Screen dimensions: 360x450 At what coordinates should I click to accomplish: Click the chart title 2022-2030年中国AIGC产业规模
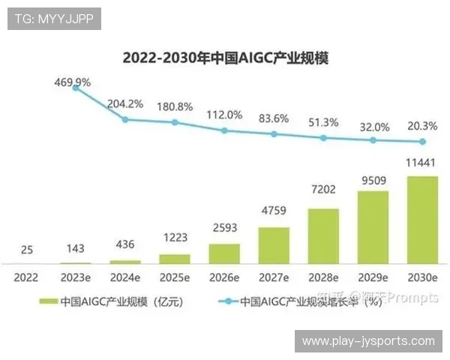226,58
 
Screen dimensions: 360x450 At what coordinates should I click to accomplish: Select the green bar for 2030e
421,219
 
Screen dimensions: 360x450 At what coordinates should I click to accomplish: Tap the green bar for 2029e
372,226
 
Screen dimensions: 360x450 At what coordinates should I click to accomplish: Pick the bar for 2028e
323,235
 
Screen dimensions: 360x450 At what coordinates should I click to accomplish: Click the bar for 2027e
274,244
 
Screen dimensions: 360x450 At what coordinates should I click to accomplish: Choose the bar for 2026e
224,253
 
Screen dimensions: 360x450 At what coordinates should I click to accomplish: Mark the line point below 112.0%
224,130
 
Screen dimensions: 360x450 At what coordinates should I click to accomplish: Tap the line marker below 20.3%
422,142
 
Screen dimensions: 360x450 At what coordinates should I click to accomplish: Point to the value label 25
26,249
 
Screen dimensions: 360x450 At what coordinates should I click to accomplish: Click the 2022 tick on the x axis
27,277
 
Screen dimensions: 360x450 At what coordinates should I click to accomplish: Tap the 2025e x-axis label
175,277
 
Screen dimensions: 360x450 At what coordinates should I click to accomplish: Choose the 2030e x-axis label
421,277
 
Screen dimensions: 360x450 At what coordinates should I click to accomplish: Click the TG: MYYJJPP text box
54,19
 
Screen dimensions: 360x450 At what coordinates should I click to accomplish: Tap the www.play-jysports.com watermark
368,341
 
